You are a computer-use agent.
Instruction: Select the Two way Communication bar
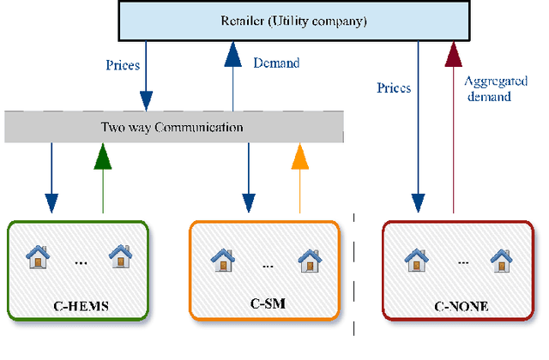click(172, 128)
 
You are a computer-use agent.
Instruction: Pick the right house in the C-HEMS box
click(120, 255)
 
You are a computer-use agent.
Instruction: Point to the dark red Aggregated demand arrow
click(452, 129)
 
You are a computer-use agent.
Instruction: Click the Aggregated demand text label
click(487, 89)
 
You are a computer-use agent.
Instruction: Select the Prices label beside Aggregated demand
click(394, 87)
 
